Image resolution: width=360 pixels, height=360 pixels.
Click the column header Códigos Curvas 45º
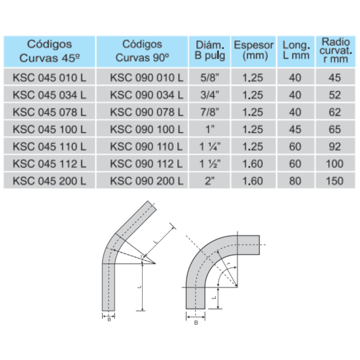pyautogui.click(x=49, y=51)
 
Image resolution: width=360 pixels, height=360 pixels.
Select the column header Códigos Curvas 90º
pyautogui.click(x=142, y=51)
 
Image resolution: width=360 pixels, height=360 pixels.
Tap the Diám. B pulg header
pyautogui.click(x=210, y=51)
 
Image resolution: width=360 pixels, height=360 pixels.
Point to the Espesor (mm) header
pyautogui.click(x=253, y=51)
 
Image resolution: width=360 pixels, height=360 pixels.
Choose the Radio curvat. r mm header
pyautogui.click(x=336, y=51)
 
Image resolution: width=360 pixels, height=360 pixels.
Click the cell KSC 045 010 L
pyautogui.click(x=49, y=78)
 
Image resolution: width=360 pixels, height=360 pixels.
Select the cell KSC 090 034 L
pyautogui.click(x=147, y=95)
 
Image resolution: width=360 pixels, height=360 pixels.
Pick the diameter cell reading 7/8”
pyautogui.click(x=210, y=112)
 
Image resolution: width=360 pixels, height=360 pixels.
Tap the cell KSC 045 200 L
pyautogui.click(x=49, y=181)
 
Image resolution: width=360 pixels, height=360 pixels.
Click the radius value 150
pyautogui.click(x=334, y=181)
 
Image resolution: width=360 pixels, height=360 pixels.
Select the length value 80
pyautogui.click(x=295, y=181)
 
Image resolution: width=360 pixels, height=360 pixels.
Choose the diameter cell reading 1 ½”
pyautogui.click(x=210, y=164)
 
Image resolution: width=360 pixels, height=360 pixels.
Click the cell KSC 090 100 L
pyautogui.click(x=147, y=129)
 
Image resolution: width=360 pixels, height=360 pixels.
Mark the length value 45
pyautogui.click(x=295, y=129)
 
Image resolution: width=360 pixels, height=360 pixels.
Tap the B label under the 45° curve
pyautogui.click(x=109, y=319)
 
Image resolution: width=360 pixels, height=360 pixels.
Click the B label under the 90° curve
pyautogui.click(x=196, y=323)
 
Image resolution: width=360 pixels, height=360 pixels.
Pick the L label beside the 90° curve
pyautogui.click(x=213, y=297)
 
